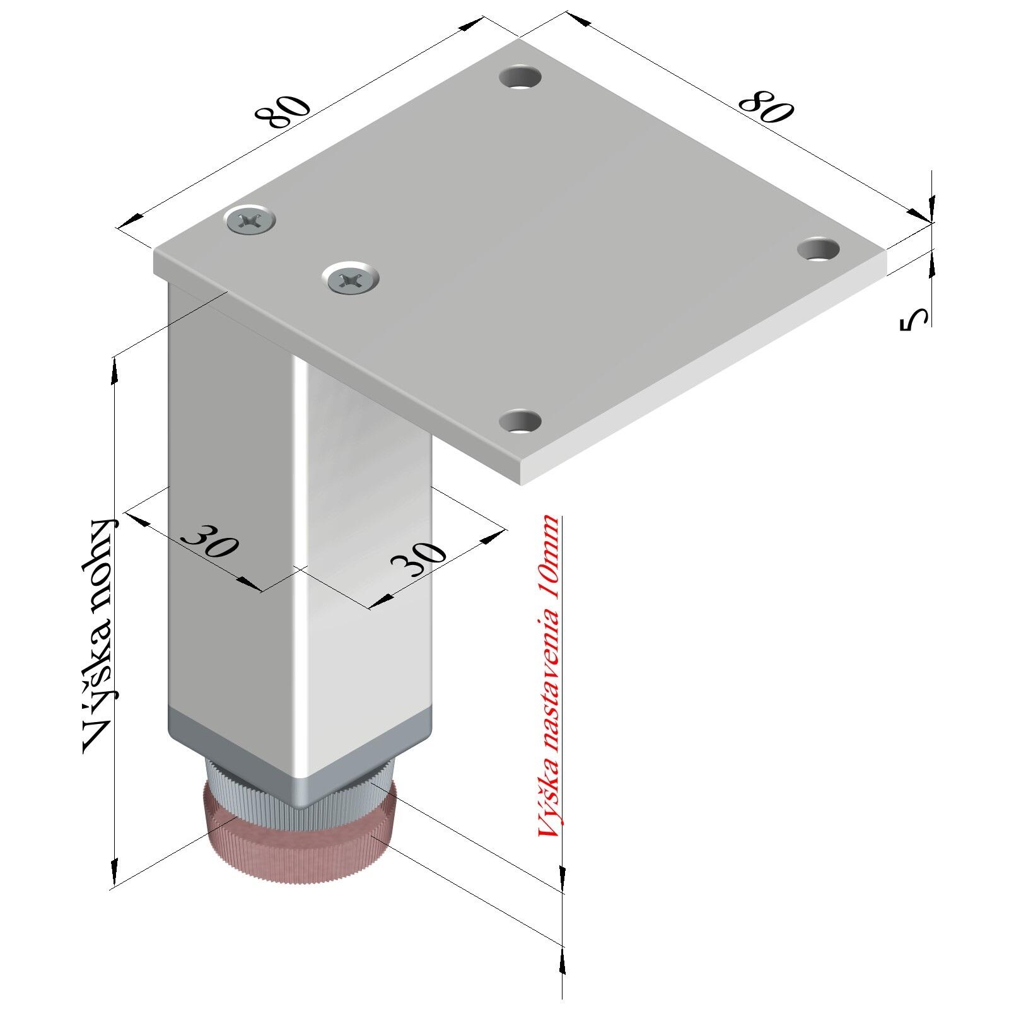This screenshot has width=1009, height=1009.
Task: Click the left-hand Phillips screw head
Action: tap(250, 220)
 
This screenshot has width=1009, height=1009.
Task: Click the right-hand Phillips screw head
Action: tap(351, 277)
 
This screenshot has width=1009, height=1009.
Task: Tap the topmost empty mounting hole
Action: tap(521, 78)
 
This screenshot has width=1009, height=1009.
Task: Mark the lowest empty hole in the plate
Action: tap(521, 421)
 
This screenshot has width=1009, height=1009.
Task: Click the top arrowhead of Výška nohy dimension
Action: tap(114, 372)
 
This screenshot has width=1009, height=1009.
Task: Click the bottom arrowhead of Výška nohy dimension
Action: tap(114, 873)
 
